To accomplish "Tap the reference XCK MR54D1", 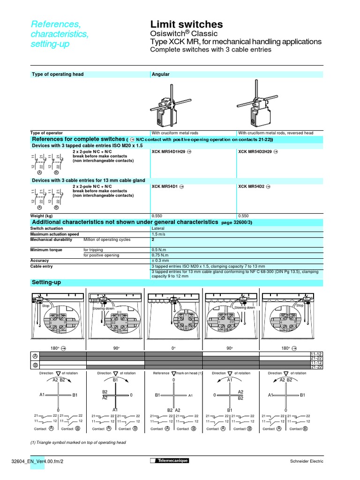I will coord(165,187).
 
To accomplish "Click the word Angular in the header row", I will coord(161,74).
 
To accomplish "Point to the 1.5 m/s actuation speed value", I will coord(158,234).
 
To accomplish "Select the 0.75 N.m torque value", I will coord(159,255).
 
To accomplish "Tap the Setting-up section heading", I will coord(46,283).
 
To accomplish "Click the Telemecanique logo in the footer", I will coord(169,461).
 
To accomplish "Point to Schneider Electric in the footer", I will coord(307,461).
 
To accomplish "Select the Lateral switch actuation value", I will coord(158,228).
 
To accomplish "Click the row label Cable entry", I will coord(42,266).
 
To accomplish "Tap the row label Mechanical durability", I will coord(51,240).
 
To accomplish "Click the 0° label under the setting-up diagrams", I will coord(173,348).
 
